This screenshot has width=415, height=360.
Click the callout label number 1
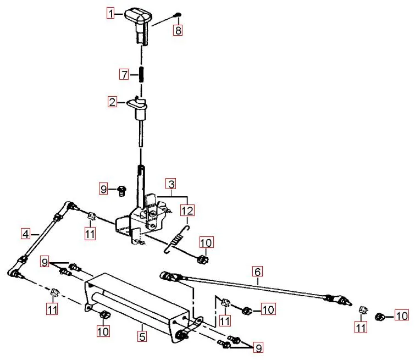click(x=110, y=13)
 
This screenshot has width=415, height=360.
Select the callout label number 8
click(x=178, y=30)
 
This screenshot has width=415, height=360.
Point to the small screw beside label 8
click(x=178, y=14)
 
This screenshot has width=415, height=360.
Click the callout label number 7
click(x=124, y=74)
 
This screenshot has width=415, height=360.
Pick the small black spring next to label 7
click(x=142, y=75)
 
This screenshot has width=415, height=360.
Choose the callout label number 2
click(x=113, y=102)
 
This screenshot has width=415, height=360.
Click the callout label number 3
click(x=171, y=184)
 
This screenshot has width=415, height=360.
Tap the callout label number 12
click(x=187, y=211)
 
